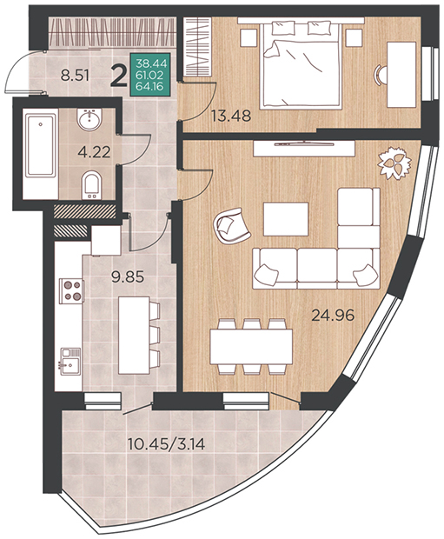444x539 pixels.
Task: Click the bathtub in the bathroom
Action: tap(41, 145)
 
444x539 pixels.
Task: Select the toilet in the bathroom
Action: tap(91, 184)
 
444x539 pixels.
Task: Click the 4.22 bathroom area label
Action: tap(94, 151)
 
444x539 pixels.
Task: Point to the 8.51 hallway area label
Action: tap(75, 75)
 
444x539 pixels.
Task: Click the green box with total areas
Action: tap(150, 74)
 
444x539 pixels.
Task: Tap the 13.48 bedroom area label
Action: tap(231, 116)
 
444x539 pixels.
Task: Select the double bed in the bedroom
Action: tap(301, 63)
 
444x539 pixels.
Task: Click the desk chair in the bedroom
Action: tap(381, 74)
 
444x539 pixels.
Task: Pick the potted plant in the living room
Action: tap(394, 163)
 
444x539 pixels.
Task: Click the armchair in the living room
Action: tap(232, 226)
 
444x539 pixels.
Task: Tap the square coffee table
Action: tap(286, 219)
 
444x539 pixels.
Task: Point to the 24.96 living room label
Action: tap(332, 315)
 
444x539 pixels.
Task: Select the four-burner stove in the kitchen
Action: tap(71, 291)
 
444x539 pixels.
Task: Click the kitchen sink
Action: tap(70, 362)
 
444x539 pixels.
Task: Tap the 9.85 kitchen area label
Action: tap(128, 276)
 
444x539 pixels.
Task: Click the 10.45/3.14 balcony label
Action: tap(166, 444)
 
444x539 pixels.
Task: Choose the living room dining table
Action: tap(251, 347)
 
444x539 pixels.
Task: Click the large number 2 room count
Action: tap(119, 77)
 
